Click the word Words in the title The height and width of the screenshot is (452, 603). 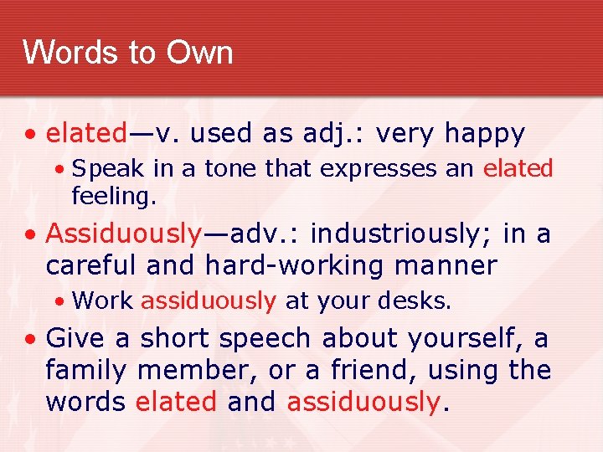coord(70,52)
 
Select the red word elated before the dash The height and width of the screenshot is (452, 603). coord(85,133)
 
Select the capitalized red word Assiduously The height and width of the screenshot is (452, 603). coord(124,234)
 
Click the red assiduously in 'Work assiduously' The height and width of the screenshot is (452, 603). coord(209,300)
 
